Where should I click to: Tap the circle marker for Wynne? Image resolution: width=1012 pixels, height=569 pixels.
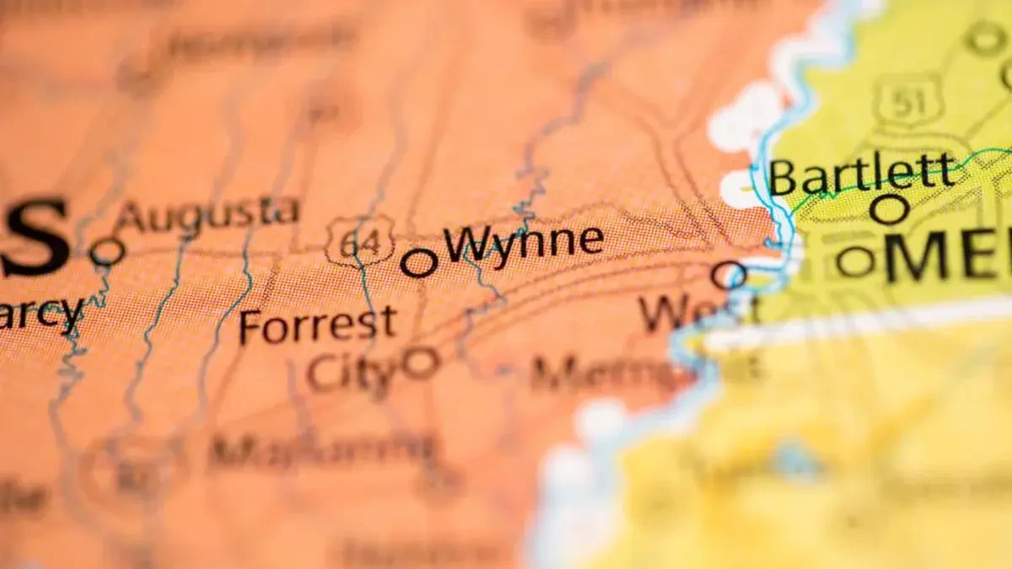[x=418, y=263]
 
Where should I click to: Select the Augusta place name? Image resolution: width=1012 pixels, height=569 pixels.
[x=207, y=214]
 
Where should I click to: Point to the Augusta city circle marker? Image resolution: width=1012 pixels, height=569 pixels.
[x=107, y=251]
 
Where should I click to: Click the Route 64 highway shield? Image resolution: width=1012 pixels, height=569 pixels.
[x=361, y=241]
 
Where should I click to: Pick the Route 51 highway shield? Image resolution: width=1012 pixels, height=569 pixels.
[x=907, y=100]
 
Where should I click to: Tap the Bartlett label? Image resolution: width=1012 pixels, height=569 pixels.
[x=863, y=174]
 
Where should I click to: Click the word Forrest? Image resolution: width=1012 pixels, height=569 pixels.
[x=317, y=325]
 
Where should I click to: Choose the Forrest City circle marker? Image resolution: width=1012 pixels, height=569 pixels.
[x=420, y=362]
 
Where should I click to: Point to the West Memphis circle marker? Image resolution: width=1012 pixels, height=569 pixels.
[x=729, y=275]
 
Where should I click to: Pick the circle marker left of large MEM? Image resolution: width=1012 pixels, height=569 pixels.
[x=856, y=262]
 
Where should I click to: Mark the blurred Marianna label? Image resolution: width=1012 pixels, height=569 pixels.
[x=324, y=450]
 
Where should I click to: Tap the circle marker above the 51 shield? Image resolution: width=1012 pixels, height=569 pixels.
[x=984, y=39]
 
